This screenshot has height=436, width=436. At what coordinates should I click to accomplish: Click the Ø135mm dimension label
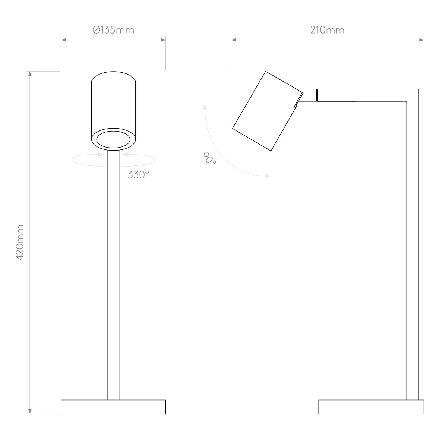point(113,30)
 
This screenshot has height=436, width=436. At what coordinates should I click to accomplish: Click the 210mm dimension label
point(327,30)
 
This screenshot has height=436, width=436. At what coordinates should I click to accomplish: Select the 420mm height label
point(20,242)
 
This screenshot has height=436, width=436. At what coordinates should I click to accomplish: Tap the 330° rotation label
point(138,175)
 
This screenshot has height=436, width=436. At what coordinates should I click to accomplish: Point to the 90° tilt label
point(209,158)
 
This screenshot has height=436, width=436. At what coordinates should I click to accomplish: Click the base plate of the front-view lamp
point(113,407)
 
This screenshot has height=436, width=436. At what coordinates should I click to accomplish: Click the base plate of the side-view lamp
point(371,407)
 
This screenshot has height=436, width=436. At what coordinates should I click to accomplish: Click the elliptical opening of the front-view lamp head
point(113,140)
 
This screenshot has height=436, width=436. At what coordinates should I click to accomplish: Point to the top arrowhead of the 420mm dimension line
point(30,73)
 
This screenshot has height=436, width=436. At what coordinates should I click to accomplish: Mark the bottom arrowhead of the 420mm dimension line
point(30,411)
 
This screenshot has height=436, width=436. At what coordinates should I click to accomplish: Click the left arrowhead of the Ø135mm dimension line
point(64,40)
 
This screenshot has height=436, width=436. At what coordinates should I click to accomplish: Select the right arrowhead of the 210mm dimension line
point(421,40)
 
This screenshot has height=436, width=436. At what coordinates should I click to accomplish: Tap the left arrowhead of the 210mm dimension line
point(234,40)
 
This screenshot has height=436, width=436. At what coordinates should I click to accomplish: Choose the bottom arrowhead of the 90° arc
point(268,176)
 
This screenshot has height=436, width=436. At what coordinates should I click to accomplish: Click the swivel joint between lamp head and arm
point(307,95)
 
